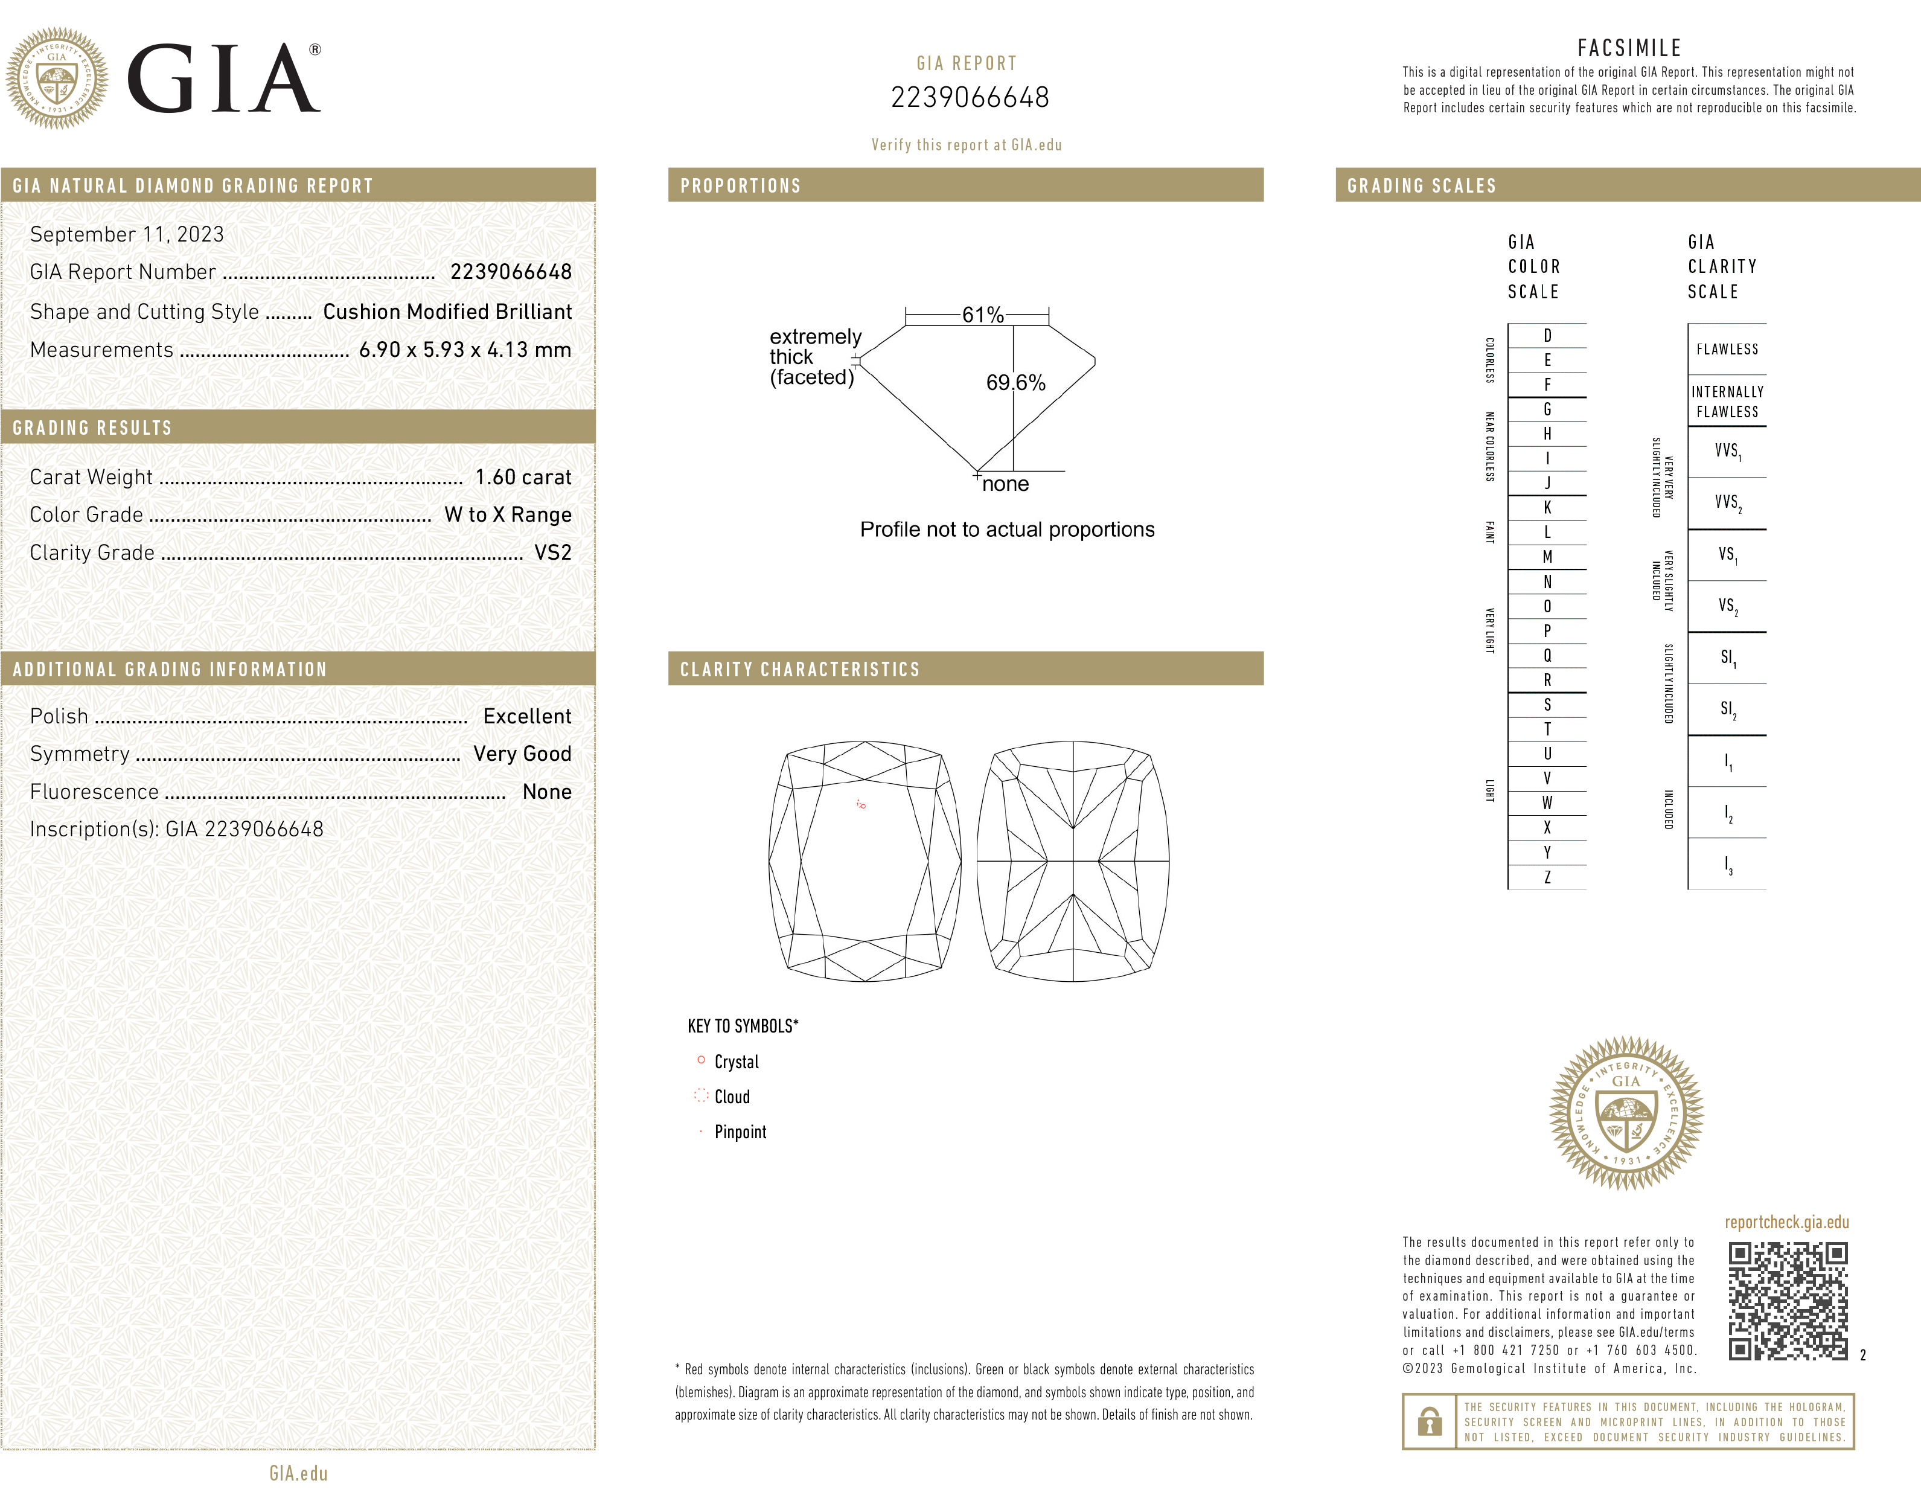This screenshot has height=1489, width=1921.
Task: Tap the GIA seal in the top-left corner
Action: point(57,78)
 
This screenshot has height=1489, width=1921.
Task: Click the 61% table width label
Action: point(982,315)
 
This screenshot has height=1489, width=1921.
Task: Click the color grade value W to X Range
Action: point(508,516)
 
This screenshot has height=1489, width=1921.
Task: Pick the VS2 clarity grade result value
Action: point(553,553)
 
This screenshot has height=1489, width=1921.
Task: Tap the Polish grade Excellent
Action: point(527,717)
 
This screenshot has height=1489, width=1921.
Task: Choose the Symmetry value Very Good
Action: point(522,755)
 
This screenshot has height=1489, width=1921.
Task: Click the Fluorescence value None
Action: point(547,792)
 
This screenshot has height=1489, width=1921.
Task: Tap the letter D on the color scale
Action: point(1547,336)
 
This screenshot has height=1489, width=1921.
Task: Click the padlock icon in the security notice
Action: point(1430,1421)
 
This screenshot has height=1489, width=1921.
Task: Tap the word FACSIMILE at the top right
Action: point(1629,48)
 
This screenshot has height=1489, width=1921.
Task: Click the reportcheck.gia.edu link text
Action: point(1786,1223)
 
